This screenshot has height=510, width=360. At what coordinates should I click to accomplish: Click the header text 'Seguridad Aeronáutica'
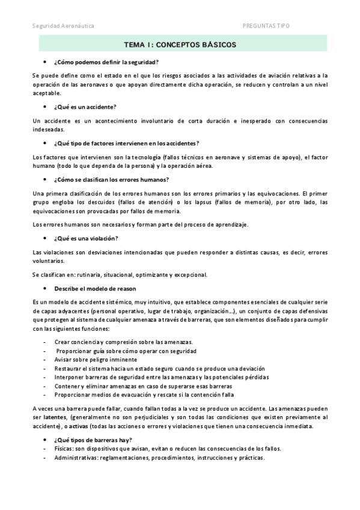point(63,26)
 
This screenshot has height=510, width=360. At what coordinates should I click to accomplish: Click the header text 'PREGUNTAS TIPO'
point(265,26)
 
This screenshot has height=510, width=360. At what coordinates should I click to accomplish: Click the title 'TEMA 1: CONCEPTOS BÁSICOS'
point(180,45)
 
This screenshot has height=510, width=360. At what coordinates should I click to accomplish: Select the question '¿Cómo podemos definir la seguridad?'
point(106,63)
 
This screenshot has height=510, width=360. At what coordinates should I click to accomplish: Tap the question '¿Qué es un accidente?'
point(86,106)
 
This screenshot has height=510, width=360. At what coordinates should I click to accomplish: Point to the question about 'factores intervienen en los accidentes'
point(126,143)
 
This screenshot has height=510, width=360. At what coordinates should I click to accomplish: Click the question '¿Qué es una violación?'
point(86,238)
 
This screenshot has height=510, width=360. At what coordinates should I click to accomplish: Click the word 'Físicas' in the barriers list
point(64,449)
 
